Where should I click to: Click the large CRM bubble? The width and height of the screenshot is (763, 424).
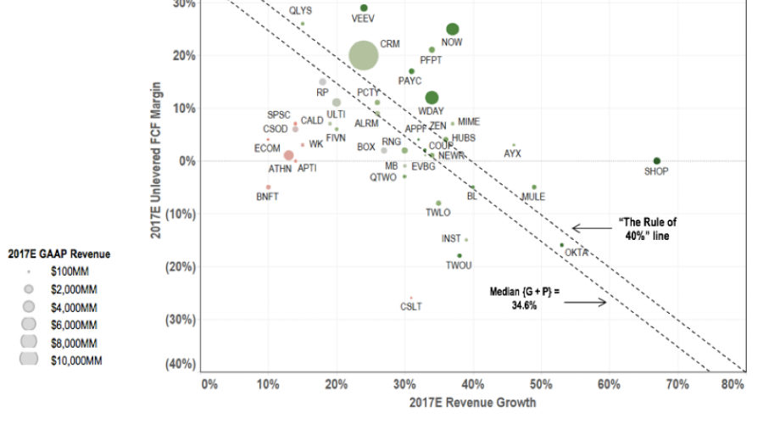pos(363,57)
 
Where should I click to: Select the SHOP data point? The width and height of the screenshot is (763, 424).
pos(656,161)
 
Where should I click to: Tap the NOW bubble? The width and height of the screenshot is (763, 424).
pos(453,30)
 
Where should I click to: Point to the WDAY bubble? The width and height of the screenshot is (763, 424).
pos(432,98)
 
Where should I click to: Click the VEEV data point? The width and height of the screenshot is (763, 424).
pos(364,8)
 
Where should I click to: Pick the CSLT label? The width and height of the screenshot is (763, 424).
pos(411,306)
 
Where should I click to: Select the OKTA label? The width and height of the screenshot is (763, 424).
pos(576,252)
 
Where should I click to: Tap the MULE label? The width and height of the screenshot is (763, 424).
pos(532,197)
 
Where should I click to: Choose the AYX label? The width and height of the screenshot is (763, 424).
pos(513,154)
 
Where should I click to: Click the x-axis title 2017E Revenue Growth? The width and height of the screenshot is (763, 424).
pos(472,402)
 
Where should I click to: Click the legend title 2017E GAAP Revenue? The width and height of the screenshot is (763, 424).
pos(58,254)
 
